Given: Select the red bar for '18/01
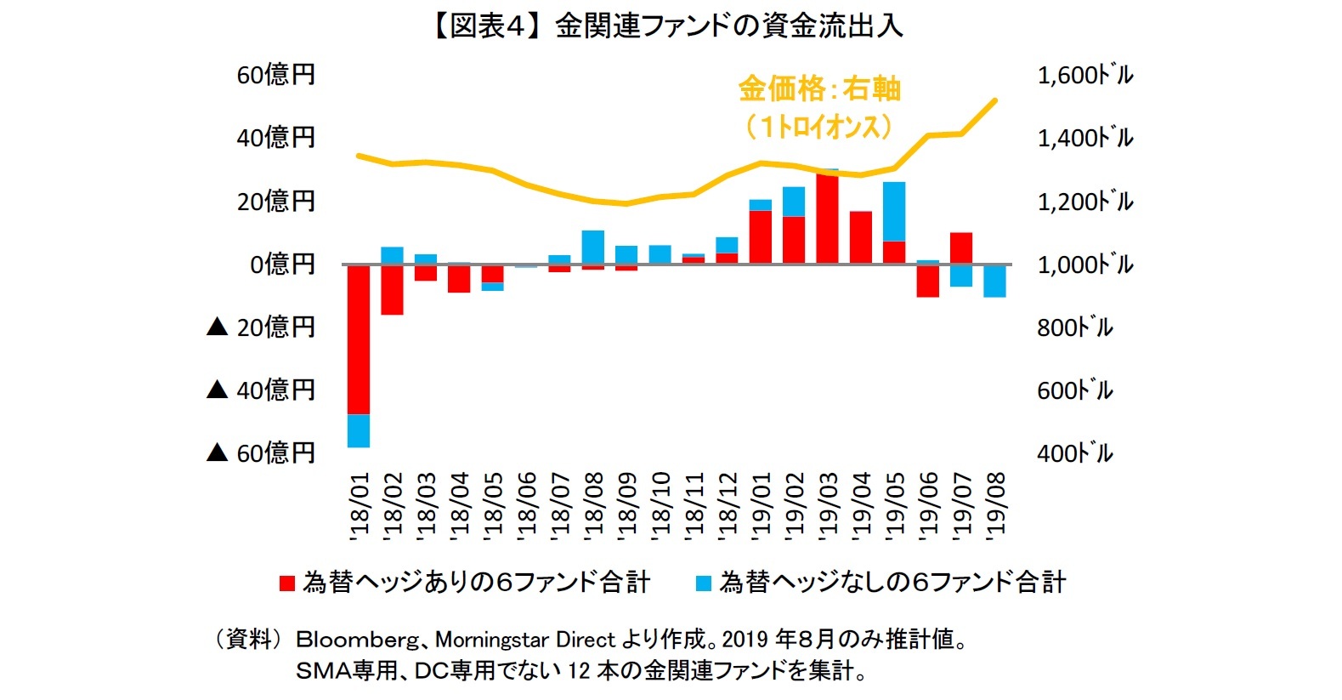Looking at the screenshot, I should coord(359,339).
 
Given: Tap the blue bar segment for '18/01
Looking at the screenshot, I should coord(359,430).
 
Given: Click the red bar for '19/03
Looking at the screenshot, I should coord(827,218).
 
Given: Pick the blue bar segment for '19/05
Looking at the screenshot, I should coord(894,212).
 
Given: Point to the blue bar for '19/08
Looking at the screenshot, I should coord(994,281).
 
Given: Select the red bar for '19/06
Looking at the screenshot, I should coord(928,281).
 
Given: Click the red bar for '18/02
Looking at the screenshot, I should coord(392,289).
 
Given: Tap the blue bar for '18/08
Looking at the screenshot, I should coord(593,248).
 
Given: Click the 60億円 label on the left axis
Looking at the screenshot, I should coord(275,75).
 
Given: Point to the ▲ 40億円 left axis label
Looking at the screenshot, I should coord(261,390).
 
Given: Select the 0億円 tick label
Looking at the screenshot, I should coord(282,265).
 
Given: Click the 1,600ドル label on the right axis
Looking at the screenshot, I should coord(1085,75).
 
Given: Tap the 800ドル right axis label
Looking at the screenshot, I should coord(1074,327).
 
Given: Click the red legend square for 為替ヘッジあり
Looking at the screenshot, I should coord(287,583).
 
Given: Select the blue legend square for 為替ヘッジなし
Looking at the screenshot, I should coord(704,583).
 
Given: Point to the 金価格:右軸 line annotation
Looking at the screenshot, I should coord(819,89).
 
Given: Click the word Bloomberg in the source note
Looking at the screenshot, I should coord(357,640).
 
